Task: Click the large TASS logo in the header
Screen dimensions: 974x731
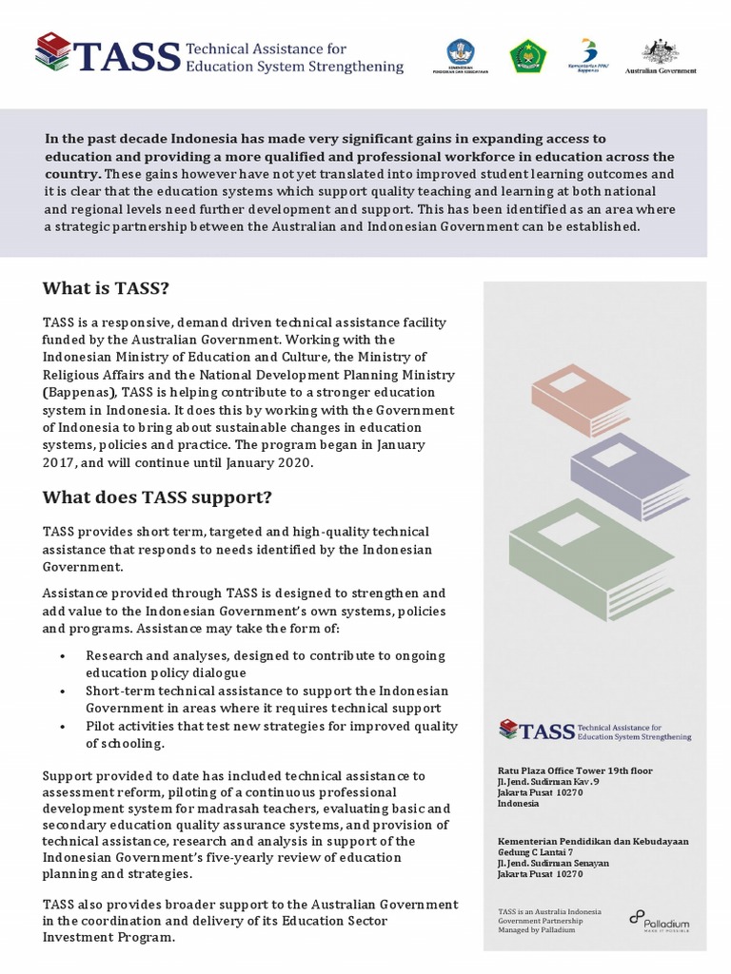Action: coord(219,55)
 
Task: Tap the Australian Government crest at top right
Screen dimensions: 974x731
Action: coord(660,55)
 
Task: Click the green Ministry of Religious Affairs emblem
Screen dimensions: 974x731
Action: coord(527,56)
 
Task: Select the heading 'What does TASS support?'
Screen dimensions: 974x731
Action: coord(157,497)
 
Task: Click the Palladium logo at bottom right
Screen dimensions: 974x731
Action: coord(659,920)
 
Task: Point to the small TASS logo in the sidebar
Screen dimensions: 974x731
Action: coord(595,730)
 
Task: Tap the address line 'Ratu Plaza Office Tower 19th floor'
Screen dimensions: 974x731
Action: coord(575,770)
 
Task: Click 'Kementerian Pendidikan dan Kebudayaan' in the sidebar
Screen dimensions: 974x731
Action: coord(593,841)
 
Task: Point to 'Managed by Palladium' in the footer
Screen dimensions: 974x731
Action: coord(536,929)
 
